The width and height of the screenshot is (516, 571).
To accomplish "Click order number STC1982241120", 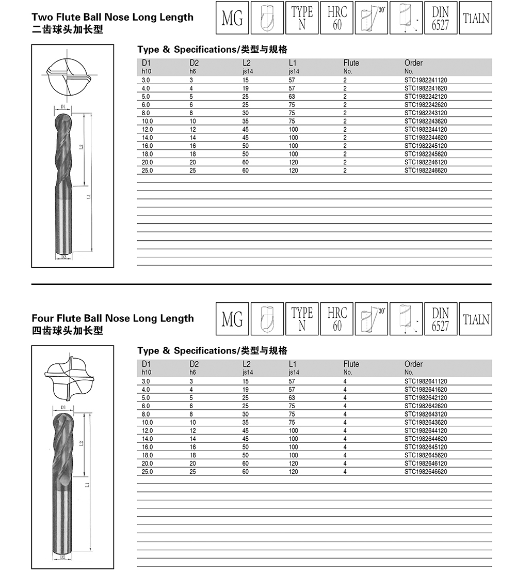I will pos(425,80).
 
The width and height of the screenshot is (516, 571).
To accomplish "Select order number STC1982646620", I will pos(425,472).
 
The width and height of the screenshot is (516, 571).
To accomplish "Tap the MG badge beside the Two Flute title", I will pos(232,19).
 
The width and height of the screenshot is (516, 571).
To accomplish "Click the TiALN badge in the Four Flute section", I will pos(475,319).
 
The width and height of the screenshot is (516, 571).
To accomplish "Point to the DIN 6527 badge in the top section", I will pos(440,19).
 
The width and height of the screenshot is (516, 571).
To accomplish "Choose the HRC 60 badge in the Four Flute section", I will pos(337,319).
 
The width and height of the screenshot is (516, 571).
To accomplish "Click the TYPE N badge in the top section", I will pos(302,19).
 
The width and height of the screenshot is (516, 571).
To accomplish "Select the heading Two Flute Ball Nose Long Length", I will pos(112,17).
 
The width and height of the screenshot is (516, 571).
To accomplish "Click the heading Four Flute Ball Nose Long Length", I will pos(112,318).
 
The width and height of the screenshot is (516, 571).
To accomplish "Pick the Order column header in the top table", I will pos(413,63).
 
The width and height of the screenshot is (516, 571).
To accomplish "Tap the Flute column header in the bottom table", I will pos(351,364).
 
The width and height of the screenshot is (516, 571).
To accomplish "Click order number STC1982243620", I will pos(425,121).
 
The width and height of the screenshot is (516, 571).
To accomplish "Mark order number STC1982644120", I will pos(425,430).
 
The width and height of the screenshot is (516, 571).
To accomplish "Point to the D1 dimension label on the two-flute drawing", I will pos(62,107).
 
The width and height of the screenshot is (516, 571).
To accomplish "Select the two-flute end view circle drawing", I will pos(69,76).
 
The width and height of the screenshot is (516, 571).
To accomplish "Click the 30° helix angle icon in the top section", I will pos(372,19).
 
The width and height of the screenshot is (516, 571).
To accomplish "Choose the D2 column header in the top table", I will pos(195,63).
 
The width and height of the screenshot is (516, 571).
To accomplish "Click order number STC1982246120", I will pos(425,162).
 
